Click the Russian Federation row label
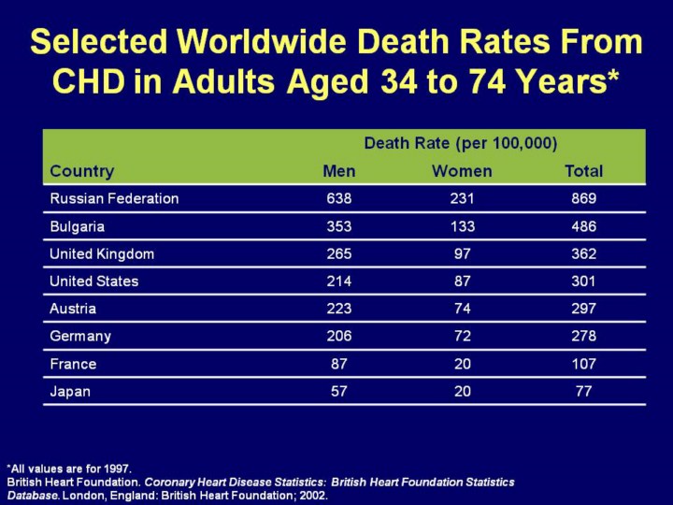(x=114, y=198)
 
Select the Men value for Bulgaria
(x=339, y=226)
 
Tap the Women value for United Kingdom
(x=462, y=253)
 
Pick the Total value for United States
(x=584, y=281)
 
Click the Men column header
(x=338, y=171)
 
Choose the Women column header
(x=462, y=171)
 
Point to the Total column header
(x=584, y=171)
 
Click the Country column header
(x=82, y=171)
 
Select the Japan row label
(x=70, y=391)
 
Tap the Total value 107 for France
(x=584, y=363)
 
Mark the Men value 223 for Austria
(x=339, y=308)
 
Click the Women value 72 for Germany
(x=462, y=336)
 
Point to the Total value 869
(x=584, y=198)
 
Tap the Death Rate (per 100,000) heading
(x=461, y=143)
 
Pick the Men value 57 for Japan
(x=339, y=391)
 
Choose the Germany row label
(x=80, y=336)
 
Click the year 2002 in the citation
(x=313, y=494)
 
